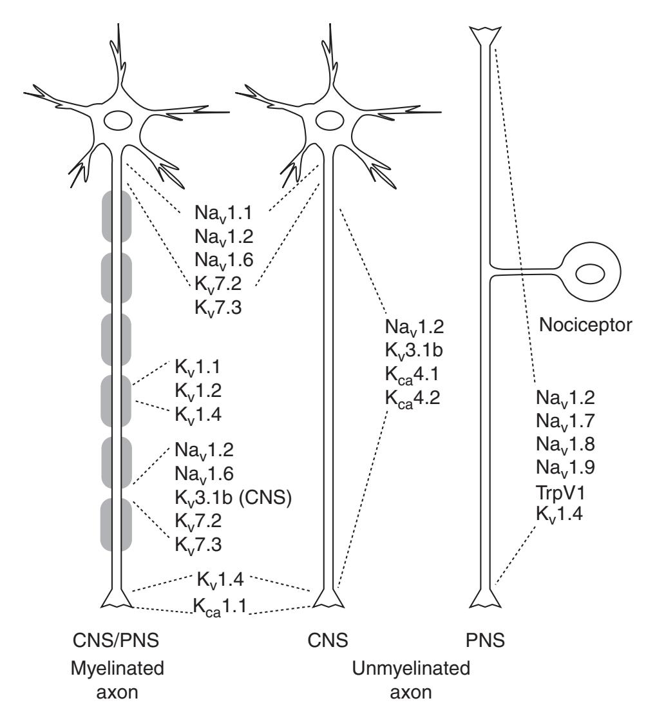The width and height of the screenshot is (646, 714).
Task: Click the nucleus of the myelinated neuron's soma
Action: click(117, 121)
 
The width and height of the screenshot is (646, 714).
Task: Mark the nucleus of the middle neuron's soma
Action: click(333, 121)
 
